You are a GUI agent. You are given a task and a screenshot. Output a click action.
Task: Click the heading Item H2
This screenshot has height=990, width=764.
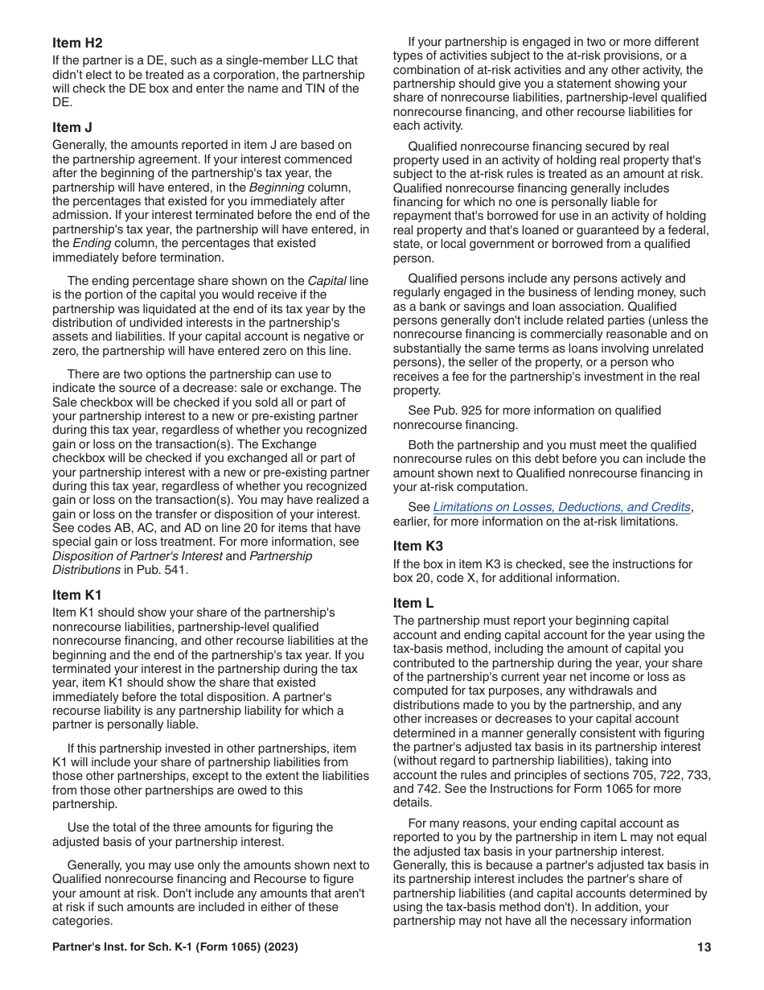[x=77, y=43]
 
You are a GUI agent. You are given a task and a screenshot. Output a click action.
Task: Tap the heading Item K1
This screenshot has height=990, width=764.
[x=77, y=595]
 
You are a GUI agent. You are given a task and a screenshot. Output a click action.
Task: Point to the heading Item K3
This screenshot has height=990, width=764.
[x=418, y=546]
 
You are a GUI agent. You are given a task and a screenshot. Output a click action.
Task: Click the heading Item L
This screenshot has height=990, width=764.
[x=413, y=603]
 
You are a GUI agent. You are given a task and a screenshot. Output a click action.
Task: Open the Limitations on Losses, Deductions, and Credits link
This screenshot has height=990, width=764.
[x=561, y=507]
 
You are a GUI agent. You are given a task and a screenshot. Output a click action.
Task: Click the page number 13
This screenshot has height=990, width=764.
[x=704, y=947]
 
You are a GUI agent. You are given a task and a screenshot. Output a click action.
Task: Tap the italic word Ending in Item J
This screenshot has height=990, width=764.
[x=92, y=243]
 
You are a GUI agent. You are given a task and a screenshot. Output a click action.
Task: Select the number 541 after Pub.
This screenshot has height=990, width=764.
[x=176, y=570]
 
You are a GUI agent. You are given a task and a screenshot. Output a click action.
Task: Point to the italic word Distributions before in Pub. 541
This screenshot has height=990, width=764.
[x=87, y=570]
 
